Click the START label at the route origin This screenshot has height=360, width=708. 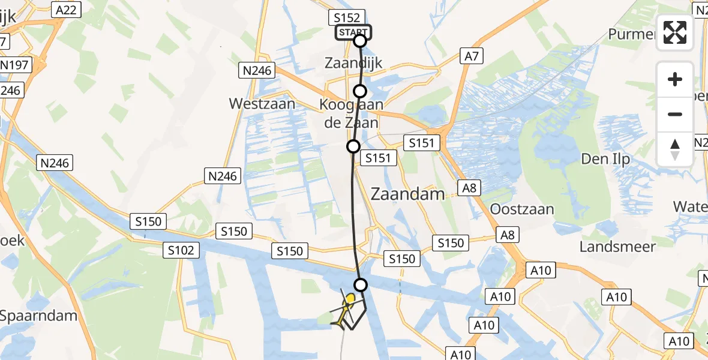tap(353, 32)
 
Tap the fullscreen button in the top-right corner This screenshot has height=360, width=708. tap(675, 32)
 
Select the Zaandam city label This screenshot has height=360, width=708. tap(408, 194)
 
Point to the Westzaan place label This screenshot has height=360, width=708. tap(262, 104)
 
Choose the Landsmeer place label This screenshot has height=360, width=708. tap(617, 246)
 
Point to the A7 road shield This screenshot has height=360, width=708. tap(472, 56)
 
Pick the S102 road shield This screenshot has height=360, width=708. tap(181, 250)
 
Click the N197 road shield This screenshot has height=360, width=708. tap(14, 65)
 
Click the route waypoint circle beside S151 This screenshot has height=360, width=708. tap(353, 146)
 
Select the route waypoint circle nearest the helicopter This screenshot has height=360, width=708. tap(361, 284)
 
